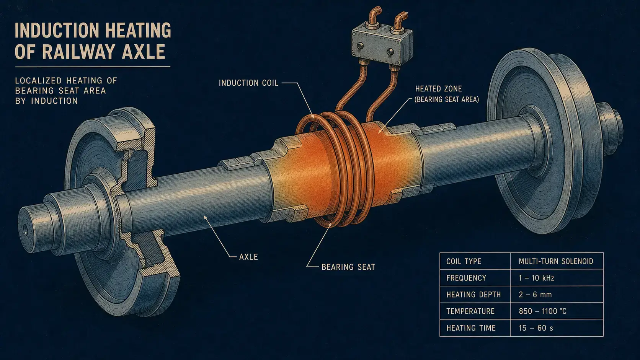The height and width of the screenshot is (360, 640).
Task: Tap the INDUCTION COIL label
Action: point(248,83)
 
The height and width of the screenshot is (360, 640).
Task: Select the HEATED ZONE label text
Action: point(439,89)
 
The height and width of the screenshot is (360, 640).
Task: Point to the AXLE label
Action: point(248,257)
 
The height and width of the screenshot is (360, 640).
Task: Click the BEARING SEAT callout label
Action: point(348,267)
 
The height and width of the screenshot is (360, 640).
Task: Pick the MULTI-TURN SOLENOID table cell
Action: point(556,261)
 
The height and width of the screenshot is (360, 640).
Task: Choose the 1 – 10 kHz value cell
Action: point(537,278)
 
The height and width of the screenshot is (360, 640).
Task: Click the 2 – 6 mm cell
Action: point(535,295)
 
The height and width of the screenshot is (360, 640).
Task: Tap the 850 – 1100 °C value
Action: point(542,311)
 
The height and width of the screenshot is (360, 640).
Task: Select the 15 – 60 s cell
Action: point(536,328)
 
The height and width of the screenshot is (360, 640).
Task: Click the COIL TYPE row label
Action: point(464,261)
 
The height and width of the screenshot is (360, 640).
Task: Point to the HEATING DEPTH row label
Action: point(473,295)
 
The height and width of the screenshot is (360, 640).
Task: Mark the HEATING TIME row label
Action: point(471,328)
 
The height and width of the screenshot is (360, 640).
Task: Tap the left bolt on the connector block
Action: point(360,46)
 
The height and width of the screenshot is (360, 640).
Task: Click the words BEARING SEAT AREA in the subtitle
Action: point(60,91)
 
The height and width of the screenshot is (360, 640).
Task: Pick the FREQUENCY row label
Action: point(466,278)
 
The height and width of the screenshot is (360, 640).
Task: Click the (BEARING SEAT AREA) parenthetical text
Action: point(447,99)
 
